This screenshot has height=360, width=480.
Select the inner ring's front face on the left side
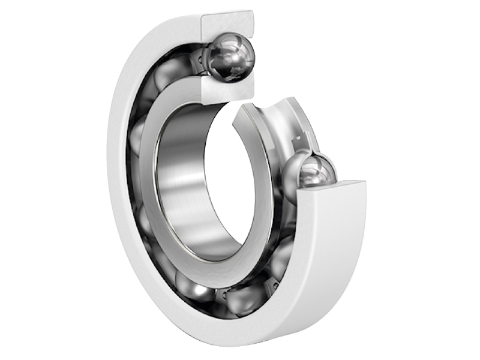click(x=147, y=180)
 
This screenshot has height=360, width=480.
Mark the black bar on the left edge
click(x=24, y=180)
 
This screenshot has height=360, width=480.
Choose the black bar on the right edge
click(x=456, y=180)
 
